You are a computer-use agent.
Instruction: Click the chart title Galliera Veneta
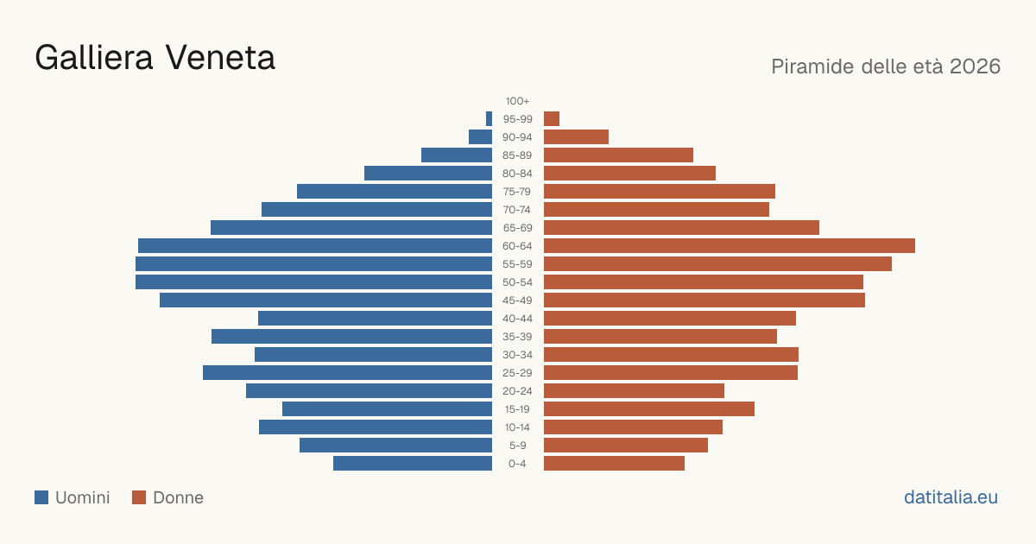click(155, 59)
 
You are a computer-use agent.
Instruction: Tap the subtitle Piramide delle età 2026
click(886, 66)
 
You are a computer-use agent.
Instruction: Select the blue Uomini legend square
click(41, 497)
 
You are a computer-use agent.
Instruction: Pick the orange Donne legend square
click(139, 497)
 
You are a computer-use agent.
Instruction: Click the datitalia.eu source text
click(951, 497)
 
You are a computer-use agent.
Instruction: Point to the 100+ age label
click(517, 101)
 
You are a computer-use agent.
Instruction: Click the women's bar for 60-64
click(730, 245)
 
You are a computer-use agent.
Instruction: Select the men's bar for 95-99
click(489, 119)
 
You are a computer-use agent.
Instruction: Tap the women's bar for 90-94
click(577, 137)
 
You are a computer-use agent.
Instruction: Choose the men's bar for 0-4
click(413, 464)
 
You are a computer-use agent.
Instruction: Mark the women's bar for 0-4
click(614, 464)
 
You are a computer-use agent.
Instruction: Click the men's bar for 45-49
click(326, 300)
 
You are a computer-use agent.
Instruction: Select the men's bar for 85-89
click(457, 155)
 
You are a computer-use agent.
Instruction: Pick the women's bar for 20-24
click(634, 391)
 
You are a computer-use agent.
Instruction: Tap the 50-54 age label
click(517, 282)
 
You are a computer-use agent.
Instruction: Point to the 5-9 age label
click(517, 446)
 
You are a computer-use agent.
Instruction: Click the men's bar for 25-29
click(347, 373)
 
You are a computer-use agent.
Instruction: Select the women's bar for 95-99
click(552, 119)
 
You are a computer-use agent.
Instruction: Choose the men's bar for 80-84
click(428, 173)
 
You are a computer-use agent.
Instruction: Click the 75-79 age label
click(517, 192)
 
